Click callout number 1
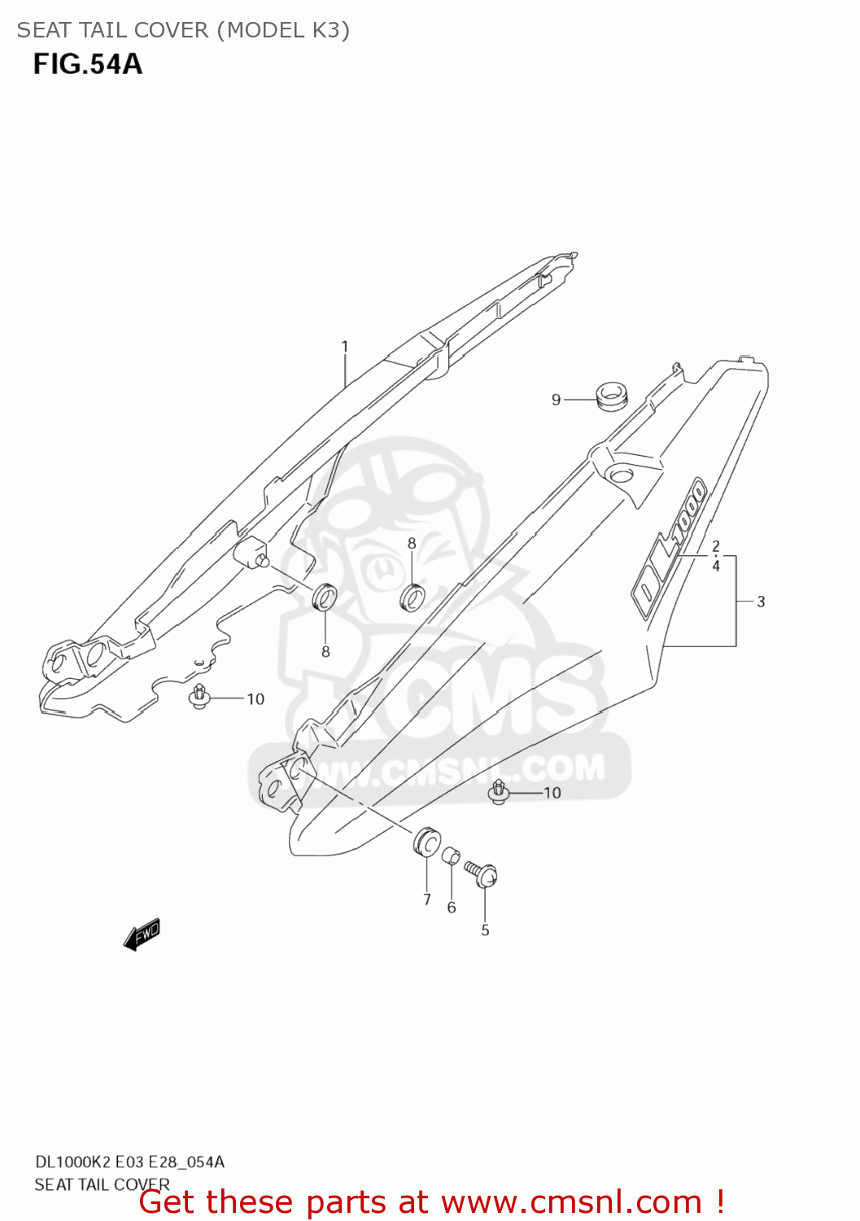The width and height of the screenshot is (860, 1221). coord(345,347)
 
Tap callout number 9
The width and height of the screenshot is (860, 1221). coord(557,400)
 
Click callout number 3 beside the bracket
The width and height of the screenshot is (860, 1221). coord(761,602)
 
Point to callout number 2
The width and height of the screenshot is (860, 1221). coord(716,546)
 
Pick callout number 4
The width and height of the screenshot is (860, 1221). coord(716,566)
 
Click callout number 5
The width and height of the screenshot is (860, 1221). coord(485,930)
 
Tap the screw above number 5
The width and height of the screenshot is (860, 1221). coord(482,873)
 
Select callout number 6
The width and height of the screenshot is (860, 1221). coord(452,908)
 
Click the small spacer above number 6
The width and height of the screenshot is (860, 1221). coord(451,856)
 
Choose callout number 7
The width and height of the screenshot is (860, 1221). coord(426,899)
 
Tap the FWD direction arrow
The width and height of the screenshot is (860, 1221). coord(142,934)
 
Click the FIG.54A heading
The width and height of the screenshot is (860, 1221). coord(88,64)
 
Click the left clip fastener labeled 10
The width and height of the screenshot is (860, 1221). coord(200,697)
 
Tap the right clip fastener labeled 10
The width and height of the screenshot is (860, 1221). coord(499,790)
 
